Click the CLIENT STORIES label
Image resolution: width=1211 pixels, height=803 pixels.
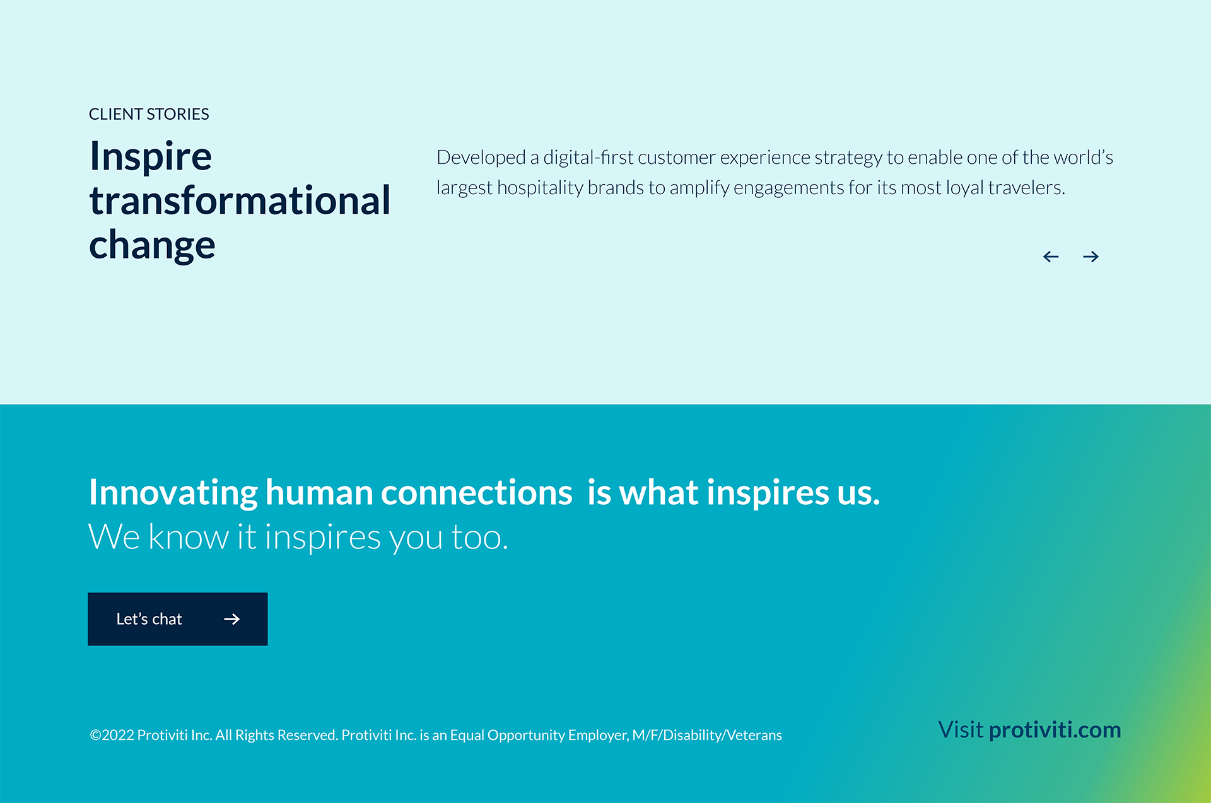click(149, 114)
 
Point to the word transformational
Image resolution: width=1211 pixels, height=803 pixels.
click(240, 200)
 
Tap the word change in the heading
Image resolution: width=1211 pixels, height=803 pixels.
click(152, 245)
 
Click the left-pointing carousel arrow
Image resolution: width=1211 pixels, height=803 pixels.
click(1051, 257)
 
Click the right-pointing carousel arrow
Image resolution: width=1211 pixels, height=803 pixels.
click(1091, 257)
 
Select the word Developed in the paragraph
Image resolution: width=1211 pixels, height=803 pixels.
click(481, 158)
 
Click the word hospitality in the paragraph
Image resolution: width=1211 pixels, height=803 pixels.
click(540, 188)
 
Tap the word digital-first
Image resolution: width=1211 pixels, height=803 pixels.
click(588, 158)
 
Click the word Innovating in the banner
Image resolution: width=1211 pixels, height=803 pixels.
click(173, 492)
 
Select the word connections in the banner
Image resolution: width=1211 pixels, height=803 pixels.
click(477, 492)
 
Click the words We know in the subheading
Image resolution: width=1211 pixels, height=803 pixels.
click(158, 537)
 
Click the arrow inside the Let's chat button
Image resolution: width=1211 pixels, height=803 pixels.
click(232, 619)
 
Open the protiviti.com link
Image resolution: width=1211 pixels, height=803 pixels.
click(1055, 730)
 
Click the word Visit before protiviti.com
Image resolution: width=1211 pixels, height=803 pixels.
click(961, 729)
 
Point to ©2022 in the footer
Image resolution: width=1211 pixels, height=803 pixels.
click(112, 735)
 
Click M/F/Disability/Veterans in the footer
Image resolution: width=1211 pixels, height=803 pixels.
click(707, 735)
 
